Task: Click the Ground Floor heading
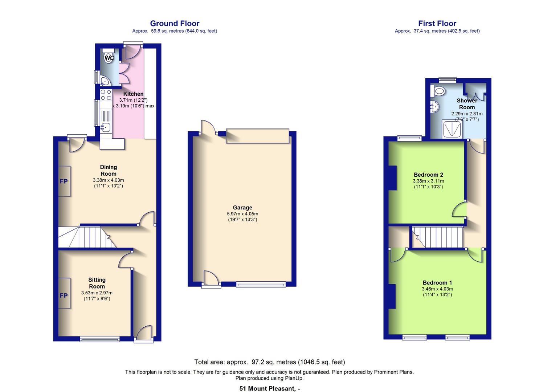pyautogui.click(x=175, y=24)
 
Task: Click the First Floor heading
pyautogui.click(x=437, y=24)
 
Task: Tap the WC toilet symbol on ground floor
pyautogui.click(x=109, y=57)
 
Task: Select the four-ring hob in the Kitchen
pyautogui.click(x=106, y=95)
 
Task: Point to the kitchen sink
pyautogui.click(x=106, y=127)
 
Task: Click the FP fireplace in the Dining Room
pyautogui.click(x=64, y=181)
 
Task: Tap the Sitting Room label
pyautogui.click(x=97, y=283)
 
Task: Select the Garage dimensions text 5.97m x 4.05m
pyautogui.click(x=242, y=214)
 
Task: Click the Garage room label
pyautogui.click(x=242, y=208)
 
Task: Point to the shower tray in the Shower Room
pyautogui.click(x=452, y=130)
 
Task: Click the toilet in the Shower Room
pyautogui.click(x=438, y=91)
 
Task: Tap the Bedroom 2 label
pyautogui.click(x=428, y=175)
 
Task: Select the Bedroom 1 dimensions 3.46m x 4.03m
pyautogui.click(x=437, y=289)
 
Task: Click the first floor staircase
pyautogui.click(x=437, y=237)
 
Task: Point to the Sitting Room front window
pyautogui.click(x=100, y=339)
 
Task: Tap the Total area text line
pyautogui.click(x=269, y=362)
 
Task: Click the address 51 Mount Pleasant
pyautogui.click(x=269, y=389)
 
